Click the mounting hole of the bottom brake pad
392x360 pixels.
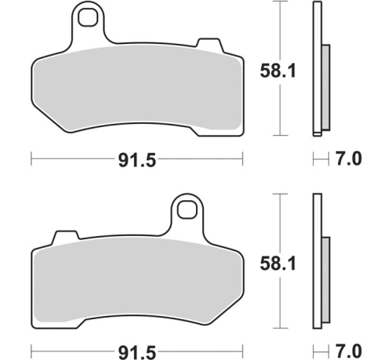tap(187, 209)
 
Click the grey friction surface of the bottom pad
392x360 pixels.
tap(138, 282)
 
